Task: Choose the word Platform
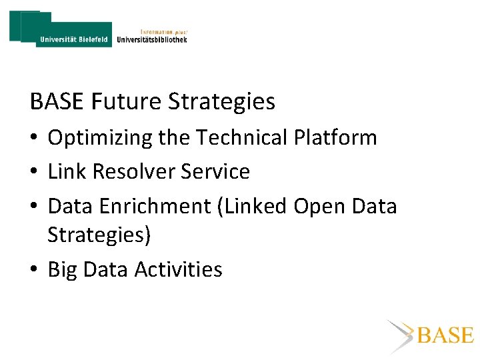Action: pos(337,137)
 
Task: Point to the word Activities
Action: pos(178,269)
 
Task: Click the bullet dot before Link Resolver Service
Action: pos(34,173)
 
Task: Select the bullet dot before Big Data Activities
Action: pos(34,270)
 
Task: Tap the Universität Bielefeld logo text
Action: pos(73,39)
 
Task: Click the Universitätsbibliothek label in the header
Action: pos(152,39)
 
